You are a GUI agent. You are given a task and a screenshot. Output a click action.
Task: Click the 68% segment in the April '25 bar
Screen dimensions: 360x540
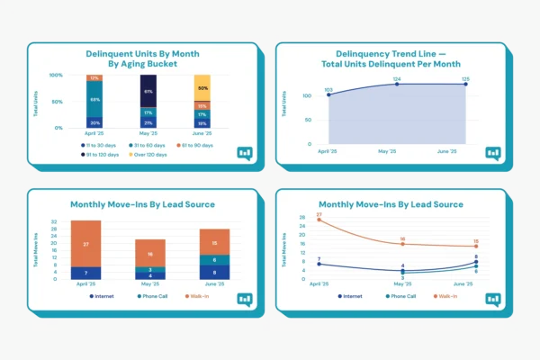pos(94,100)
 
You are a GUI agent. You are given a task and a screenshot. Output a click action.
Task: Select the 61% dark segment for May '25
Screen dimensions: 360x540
pos(148,92)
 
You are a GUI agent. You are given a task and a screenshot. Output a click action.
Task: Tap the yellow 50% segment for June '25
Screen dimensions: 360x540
pos(202,88)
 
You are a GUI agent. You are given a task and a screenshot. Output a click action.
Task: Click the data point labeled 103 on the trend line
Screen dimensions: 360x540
pos(328,94)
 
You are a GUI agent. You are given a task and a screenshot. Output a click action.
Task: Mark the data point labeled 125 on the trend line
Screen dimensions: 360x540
pos(466,85)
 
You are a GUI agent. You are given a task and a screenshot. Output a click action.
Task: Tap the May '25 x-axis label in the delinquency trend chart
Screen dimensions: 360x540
pos(397,151)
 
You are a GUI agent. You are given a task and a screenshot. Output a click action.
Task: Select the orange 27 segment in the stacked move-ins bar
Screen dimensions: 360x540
pos(86,243)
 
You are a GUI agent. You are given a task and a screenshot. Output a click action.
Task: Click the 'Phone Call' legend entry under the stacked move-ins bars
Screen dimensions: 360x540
pos(148,295)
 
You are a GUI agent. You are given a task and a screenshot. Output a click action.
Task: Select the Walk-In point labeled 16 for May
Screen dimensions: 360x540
pos(403,244)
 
